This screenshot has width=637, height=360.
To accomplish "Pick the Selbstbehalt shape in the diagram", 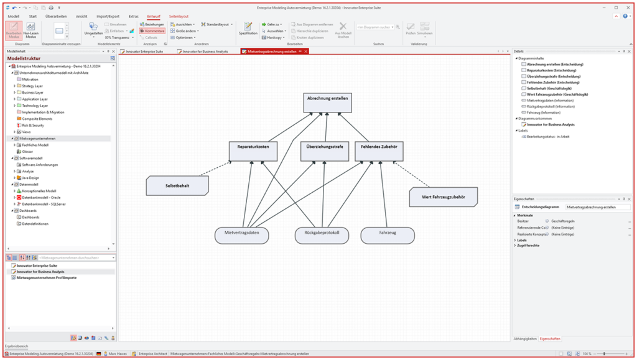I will [x=177, y=185].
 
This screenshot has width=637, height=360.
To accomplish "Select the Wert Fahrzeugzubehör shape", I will [x=444, y=197].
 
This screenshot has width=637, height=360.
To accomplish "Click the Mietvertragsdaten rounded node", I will [x=246, y=234].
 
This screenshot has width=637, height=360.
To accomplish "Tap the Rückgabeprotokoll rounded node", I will [x=322, y=234].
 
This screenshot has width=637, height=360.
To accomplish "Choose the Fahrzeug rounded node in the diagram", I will [x=388, y=234].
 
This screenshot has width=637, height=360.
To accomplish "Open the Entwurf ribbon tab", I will [x=154, y=16].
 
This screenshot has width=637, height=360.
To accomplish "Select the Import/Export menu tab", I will [x=108, y=16].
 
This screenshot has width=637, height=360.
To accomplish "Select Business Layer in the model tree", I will [x=32, y=92].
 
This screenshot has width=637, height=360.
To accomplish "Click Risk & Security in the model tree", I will [x=33, y=125].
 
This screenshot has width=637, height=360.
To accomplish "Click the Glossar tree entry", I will [x=27, y=151].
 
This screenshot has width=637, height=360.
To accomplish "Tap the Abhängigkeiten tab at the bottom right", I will [x=525, y=338].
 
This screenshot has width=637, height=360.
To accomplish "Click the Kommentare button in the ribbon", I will [x=152, y=30].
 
